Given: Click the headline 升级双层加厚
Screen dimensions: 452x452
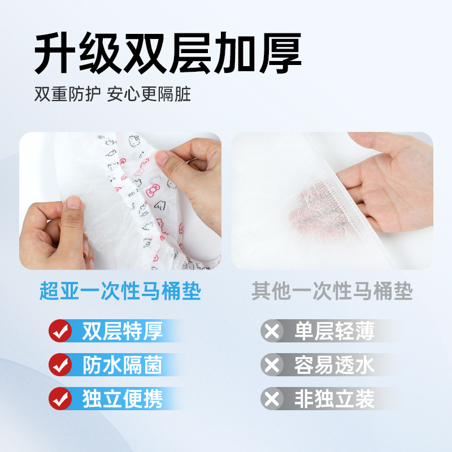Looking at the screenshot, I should pyautogui.click(x=168, y=54).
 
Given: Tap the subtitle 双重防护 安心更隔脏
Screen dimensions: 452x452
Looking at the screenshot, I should pyautogui.click(x=112, y=94).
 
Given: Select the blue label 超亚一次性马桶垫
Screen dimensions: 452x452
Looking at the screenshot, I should pyautogui.click(x=120, y=292).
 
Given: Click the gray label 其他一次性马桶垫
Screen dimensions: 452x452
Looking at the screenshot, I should pyautogui.click(x=332, y=292).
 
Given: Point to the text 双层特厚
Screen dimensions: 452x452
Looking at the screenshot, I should pyautogui.click(x=122, y=331).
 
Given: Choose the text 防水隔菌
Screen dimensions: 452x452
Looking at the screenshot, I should pyautogui.click(x=122, y=365).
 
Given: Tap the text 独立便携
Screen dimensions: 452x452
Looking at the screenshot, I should pyautogui.click(x=122, y=399).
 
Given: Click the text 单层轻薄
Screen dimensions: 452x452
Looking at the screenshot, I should pyautogui.click(x=334, y=331).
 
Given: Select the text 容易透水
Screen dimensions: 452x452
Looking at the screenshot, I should pyautogui.click(x=334, y=365).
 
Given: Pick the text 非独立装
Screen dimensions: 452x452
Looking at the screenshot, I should pyautogui.click(x=334, y=399).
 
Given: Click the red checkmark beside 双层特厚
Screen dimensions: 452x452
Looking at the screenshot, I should pyautogui.click(x=60, y=331).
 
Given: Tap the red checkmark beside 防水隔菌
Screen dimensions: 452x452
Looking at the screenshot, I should pyautogui.click(x=60, y=365).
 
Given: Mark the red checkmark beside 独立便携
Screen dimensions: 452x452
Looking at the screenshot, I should pyautogui.click(x=60, y=399).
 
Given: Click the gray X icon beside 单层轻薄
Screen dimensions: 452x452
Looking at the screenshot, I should pyautogui.click(x=272, y=331).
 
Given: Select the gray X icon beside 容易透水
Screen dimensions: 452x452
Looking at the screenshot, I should pyautogui.click(x=272, y=365).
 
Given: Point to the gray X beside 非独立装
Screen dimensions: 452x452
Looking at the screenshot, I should pyautogui.click(x=272, y=399).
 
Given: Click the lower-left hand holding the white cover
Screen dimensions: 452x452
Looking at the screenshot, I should pyautogui.click(x=56, y=229).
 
